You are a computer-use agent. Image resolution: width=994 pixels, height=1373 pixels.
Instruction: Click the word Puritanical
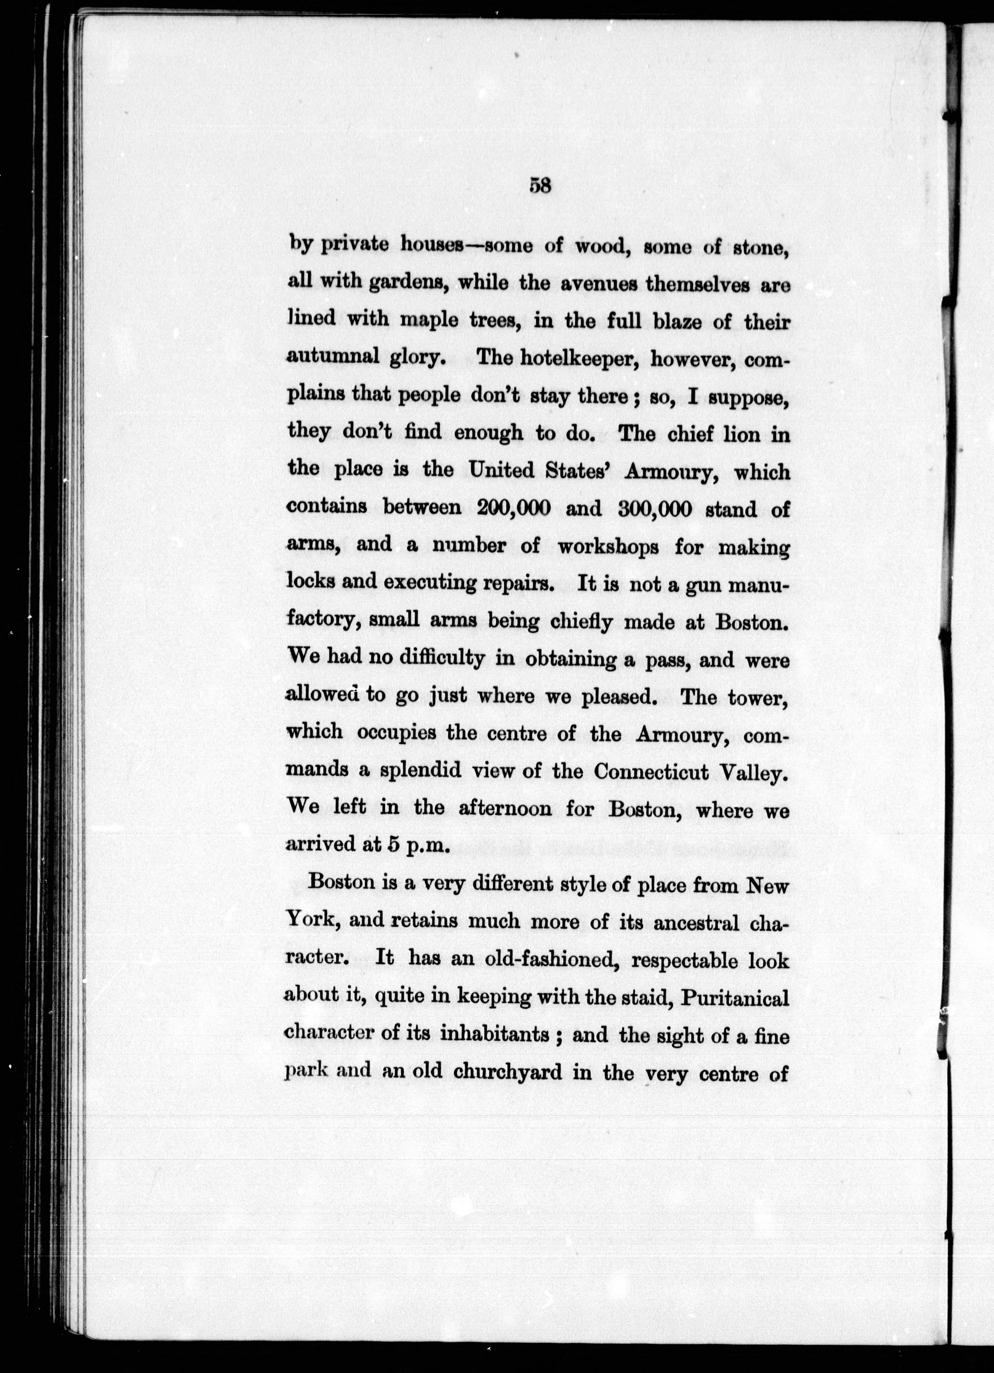click(735, 997)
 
